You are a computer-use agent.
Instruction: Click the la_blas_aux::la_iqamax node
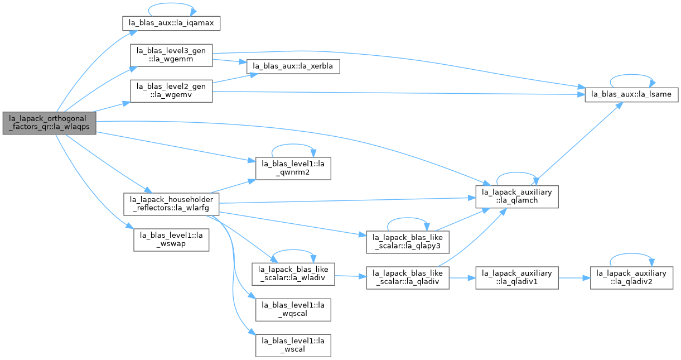[171, 23]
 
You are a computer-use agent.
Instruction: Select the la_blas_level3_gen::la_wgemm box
[171, 55]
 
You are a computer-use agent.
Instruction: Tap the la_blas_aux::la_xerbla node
[293, 66]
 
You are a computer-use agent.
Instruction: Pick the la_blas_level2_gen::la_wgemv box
[171, 91]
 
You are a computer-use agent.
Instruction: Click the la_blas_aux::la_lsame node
[631, 95]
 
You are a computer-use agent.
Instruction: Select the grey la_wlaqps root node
[50, 123]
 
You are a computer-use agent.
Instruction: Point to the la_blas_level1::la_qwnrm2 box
[293, 169]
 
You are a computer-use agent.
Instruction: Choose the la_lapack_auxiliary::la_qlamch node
[517, 196]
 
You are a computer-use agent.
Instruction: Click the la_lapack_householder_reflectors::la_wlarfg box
[171, 204]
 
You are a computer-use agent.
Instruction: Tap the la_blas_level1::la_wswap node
[171, 240]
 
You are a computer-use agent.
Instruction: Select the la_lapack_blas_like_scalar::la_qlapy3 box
[408, 242]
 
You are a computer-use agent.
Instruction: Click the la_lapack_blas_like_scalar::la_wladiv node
[293, 274]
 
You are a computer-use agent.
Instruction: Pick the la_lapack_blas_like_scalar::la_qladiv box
[408, 278]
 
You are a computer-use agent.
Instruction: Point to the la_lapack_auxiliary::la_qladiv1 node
[517, 278]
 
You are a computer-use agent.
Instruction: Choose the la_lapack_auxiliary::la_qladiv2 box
[631, 278]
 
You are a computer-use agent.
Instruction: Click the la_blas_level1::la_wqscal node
[293, 310]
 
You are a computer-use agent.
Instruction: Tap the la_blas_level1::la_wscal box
[293, 345]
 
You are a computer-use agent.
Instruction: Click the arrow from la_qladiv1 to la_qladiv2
[574, 278]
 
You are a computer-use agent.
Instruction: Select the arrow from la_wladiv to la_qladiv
[350, 276]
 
